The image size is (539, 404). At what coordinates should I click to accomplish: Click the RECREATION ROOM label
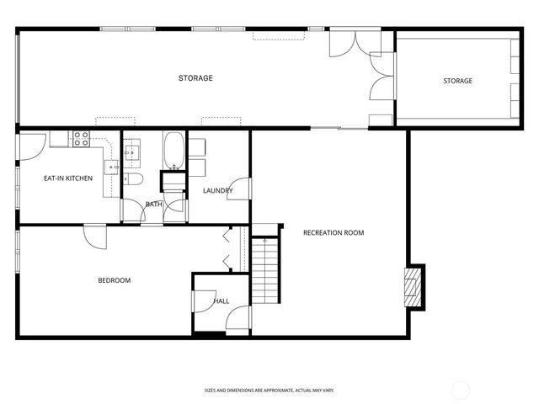coord(334,232)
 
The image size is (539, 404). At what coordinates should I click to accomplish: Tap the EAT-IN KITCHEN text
coord(68,178)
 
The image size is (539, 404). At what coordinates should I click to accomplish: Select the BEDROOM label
coord(115,280)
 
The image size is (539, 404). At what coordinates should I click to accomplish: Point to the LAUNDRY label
coord(217,191)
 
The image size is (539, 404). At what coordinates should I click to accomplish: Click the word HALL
coord(221,300)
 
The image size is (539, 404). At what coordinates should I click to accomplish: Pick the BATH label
coord(153,205)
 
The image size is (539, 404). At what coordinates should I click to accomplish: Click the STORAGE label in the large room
coord(195,78)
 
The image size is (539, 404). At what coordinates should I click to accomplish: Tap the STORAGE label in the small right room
coord(458,81)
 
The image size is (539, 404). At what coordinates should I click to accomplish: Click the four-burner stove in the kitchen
coord(81,139)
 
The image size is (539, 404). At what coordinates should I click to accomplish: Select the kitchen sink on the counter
coord(111,166)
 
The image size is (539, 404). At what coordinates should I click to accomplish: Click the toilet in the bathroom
coord(133,179)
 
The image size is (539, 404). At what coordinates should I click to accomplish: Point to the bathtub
coord(174,151)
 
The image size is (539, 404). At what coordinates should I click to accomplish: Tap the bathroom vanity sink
coord(133,152)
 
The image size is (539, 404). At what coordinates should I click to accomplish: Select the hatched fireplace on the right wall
coord(413,287)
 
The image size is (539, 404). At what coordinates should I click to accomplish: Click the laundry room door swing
coord(239,189)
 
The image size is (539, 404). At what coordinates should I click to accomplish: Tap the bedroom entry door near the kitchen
coord(96,236)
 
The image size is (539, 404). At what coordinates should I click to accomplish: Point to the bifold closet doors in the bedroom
coord(227,249)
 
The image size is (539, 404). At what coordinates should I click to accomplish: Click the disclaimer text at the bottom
coord(269,391)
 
